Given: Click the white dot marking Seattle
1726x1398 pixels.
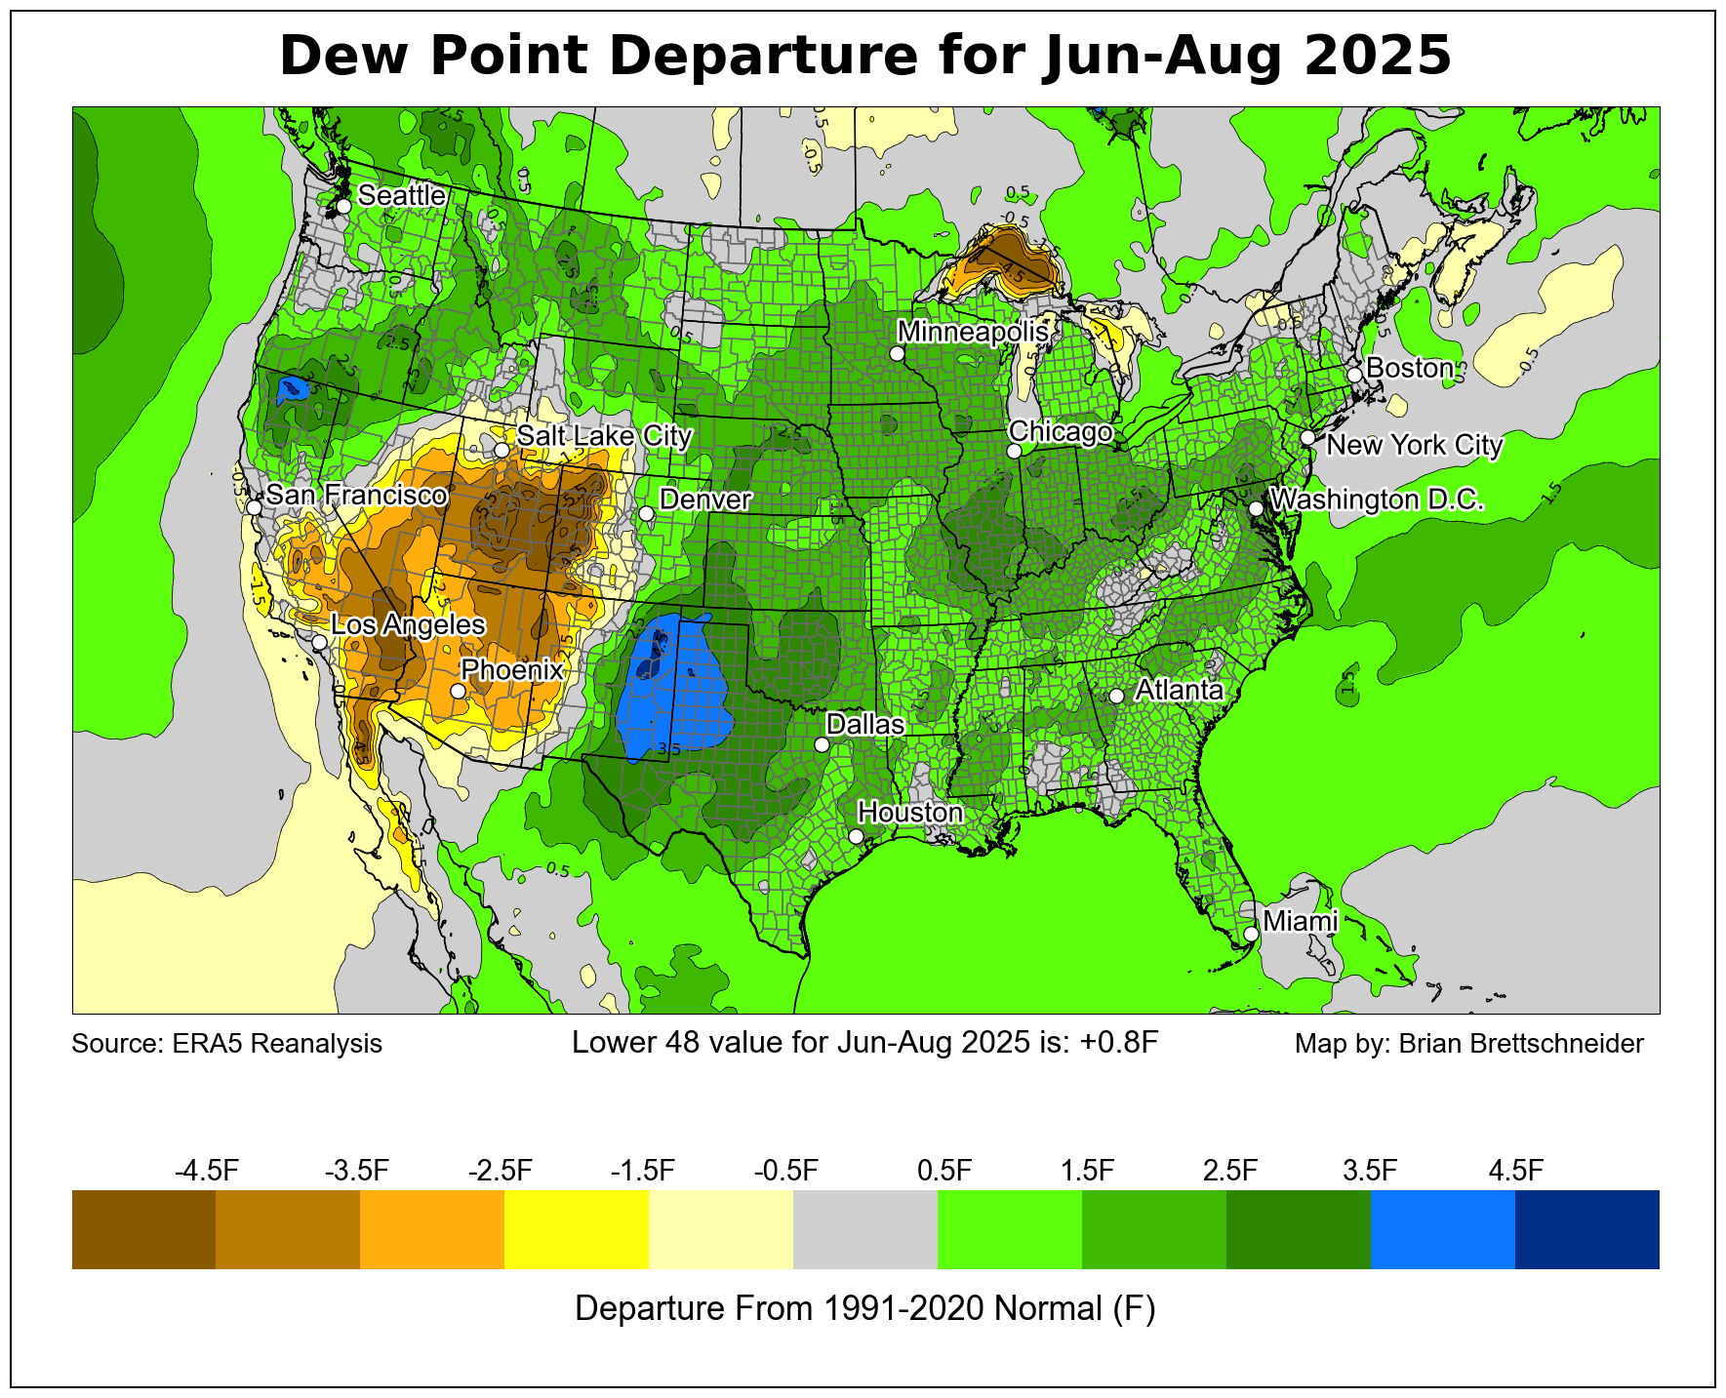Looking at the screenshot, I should [x=343, y=206].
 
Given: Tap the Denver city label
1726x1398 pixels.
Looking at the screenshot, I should [x=704, y=500].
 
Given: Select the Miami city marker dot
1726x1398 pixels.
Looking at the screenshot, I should [x=1251, y=934].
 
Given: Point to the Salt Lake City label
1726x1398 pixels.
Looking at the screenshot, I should [x=604, y=436].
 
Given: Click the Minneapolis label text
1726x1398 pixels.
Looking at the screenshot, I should [x=973, y=332].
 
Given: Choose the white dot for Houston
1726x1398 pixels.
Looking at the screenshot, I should [x=856, y=836].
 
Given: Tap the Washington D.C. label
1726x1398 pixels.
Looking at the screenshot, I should [x=1377, y=500].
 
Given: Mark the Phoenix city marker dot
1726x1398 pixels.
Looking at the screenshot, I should [x=458, y=691].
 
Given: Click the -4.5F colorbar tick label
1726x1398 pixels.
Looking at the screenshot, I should [x=207, y=1171].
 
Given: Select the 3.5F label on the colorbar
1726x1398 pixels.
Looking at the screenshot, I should [x=1370, y=1171].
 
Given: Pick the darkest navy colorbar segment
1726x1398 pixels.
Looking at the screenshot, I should [x=1586, y=1229].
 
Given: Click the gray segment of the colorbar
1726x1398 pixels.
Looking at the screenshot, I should [x=864, y=1229].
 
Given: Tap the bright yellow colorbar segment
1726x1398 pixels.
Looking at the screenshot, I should [x=576, y=1229].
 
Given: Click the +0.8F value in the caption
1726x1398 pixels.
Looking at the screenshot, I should [x=1119, y=1043].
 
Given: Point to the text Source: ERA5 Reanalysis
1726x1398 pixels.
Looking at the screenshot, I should [x=226, y=1044].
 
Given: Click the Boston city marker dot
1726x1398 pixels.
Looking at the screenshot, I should [x=1354, y=375].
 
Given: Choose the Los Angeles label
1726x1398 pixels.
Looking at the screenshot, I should [x=407, y=625].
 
